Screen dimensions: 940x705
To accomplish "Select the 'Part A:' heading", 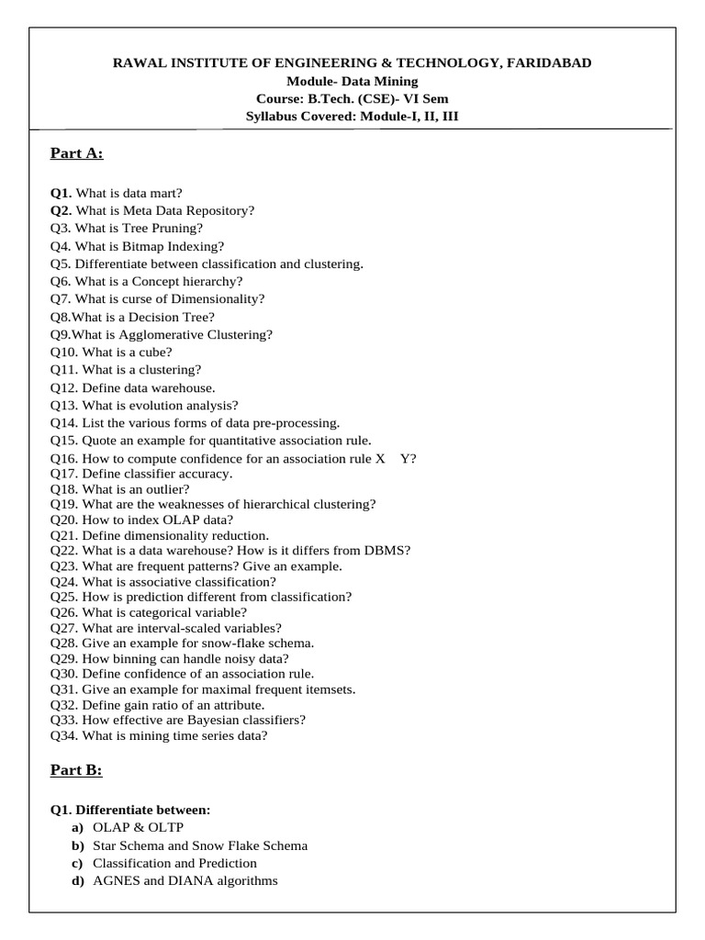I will pyautogui.click(x=76, y=152).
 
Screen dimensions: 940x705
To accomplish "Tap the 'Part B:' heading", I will pyautogui.click(x=76, y=770).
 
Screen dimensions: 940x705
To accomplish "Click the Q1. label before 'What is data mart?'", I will pyautogui.click(x=62, y=193).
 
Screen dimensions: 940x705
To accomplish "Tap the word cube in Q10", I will pyautogui.click(x=156, y=352).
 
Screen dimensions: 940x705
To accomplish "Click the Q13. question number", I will pyautogui.click(x=64, y=405).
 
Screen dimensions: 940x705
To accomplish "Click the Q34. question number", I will pyautogui.click(x=64, y=735).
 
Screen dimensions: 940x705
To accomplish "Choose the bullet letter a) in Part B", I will pyautogui.click(x=76, y=828).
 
